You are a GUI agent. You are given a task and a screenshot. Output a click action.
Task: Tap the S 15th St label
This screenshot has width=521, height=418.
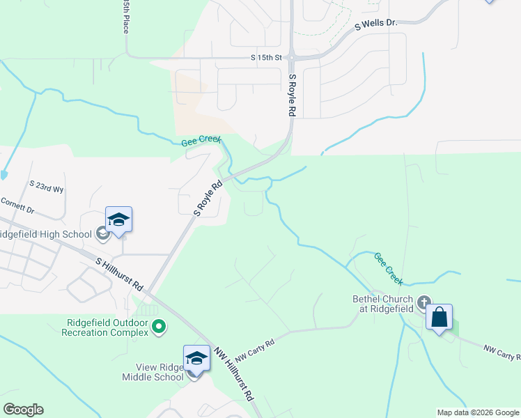[267, 57]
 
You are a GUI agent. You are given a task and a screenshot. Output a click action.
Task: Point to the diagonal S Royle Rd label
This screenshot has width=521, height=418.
[208, 198]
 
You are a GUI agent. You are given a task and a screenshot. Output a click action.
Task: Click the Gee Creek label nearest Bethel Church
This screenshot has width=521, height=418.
[389, 268]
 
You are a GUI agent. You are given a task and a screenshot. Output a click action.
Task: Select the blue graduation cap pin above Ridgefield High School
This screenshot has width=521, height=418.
[118, 220]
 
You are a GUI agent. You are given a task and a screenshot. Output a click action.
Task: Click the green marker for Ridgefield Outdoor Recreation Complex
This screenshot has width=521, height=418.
[159, 327]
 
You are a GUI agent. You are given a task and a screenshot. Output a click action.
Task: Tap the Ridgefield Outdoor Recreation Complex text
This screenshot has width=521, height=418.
[108, 327]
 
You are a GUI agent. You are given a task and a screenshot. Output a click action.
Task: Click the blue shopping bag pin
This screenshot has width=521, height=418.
[439, 318]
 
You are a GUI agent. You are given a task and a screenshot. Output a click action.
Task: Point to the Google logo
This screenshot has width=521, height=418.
[23, 410]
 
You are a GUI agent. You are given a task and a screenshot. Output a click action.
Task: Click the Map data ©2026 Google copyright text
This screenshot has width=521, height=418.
[479, 412]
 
